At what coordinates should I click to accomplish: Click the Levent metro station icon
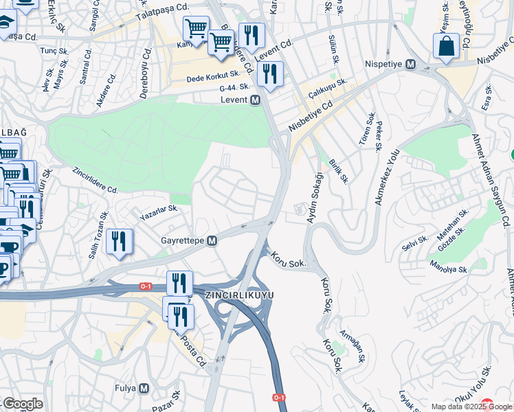click(x=255, y=100)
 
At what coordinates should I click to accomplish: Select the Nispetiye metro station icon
click(x=411, y=64)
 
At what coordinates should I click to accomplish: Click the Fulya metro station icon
click(x=144, y=388)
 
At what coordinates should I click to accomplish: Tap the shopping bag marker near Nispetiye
click(x=445, y=47)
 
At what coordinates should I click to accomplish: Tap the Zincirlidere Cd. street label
click(x=95, y=181)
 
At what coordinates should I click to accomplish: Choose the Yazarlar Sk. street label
click(x=159, y=210)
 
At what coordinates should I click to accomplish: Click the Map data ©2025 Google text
click(x=470, y=407)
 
